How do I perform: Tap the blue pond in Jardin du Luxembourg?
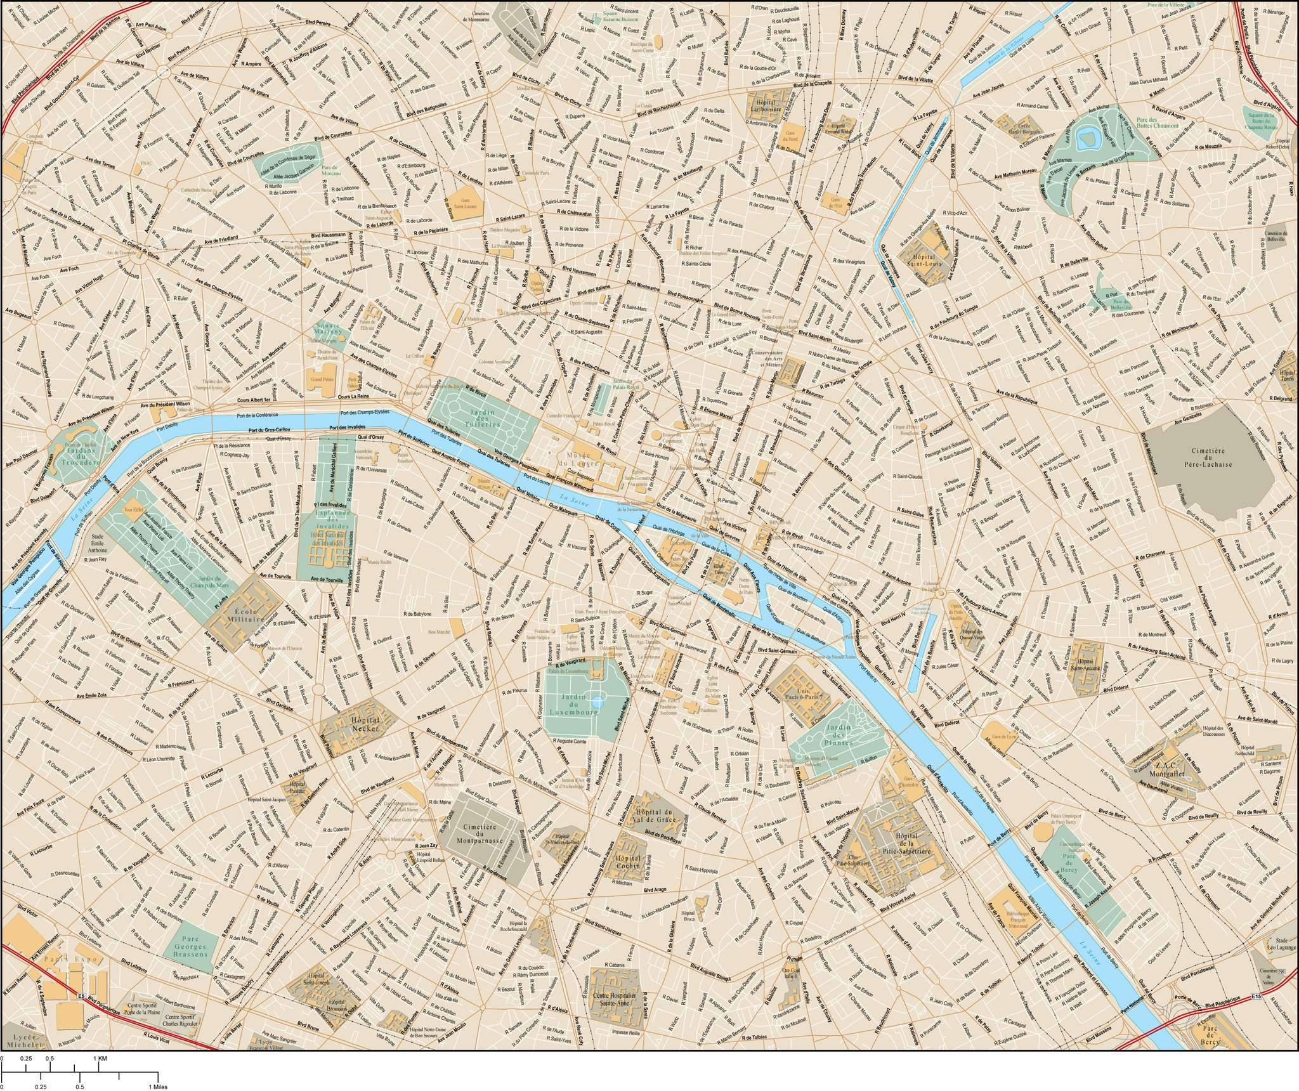[x=597, y=702]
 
